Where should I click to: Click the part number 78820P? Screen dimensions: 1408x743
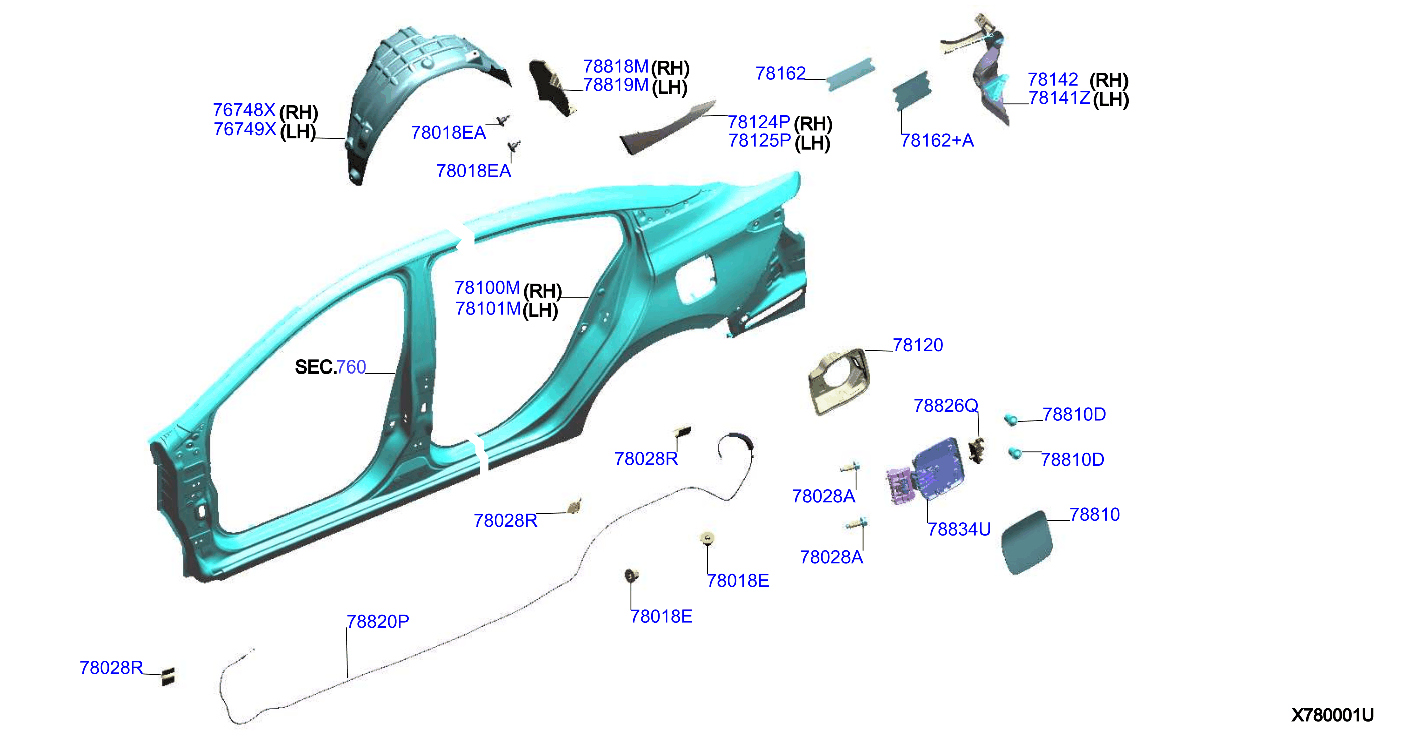tap(378, 622)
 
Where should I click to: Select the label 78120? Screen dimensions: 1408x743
tap(918, 345)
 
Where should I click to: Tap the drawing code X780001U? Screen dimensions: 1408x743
tap(1332, 715)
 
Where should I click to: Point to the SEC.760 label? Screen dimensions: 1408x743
tap(330, 367)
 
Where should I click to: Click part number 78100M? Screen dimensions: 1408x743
tap(487, 288)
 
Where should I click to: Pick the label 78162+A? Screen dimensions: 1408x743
tap(937, 140)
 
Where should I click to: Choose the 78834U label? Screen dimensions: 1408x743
tap(959, 529)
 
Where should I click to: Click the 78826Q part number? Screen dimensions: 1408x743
tap(946, 406)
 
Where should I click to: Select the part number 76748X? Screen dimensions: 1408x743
tap(244, 110)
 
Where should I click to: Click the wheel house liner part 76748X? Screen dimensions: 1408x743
tap(415, 98)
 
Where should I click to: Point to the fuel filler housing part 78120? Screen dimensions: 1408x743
tap(839, 382)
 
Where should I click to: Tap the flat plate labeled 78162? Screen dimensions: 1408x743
tap(850, 74)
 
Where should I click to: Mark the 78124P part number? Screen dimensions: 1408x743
tap(759, 122)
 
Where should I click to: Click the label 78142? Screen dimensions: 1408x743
tap(1053, 80)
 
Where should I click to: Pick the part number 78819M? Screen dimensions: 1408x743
tap(616, 85)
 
